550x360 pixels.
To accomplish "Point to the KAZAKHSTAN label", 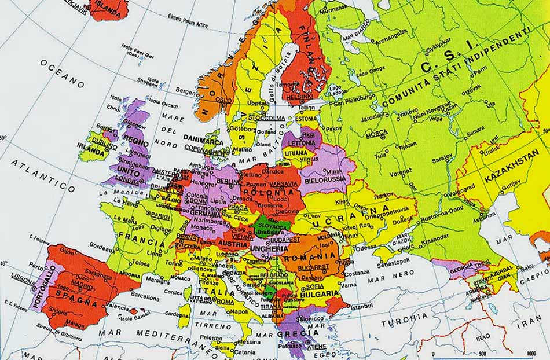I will [x=512, y=166].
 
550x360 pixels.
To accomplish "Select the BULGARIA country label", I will [x=320, y=293].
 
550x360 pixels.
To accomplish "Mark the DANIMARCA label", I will [x=203, y=139].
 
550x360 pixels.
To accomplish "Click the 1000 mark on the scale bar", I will [x=530, y=354].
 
